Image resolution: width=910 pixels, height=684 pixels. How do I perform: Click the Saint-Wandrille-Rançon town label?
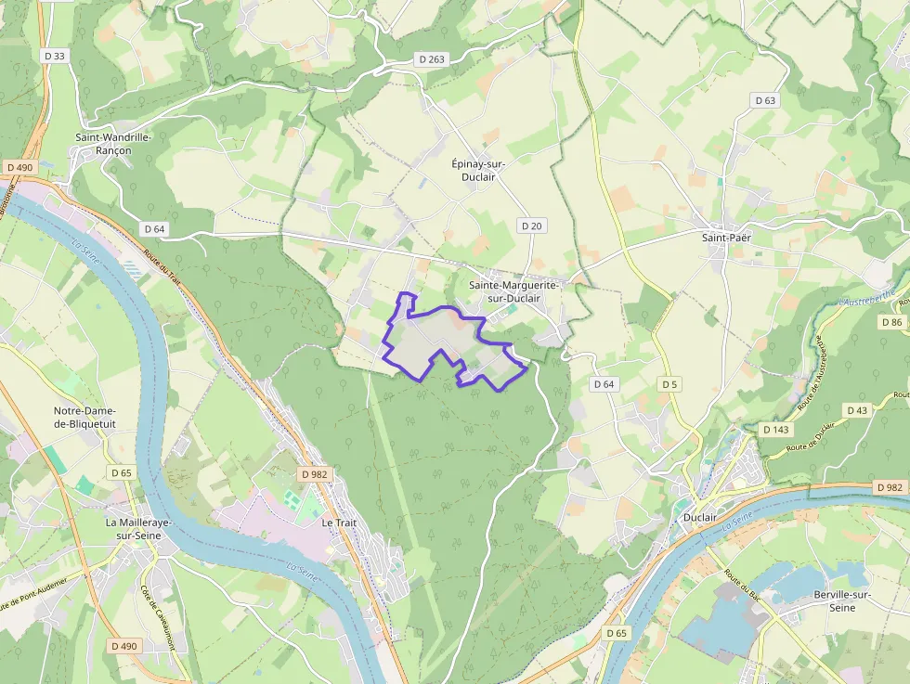(x=113, y=144)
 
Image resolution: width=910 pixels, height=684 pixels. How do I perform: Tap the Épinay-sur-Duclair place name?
(x=486, y=170)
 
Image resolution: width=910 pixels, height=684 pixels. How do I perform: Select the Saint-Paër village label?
(x=725, y=238)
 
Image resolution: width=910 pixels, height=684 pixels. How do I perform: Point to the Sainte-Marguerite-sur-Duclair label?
(x=513, y=292)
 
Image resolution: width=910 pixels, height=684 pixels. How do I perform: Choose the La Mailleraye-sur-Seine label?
(x=138, y=529)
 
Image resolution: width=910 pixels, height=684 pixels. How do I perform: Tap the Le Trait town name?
(x=339, y=523)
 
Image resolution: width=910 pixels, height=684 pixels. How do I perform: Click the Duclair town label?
(x=699, y=517)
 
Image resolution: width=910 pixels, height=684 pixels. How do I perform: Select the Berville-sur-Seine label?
(x=841, y=600)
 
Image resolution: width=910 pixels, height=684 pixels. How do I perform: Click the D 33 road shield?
(x=55, y=56)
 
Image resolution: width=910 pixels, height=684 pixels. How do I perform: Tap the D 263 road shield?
(x=432, y=58)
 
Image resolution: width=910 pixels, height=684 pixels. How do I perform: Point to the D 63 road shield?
(x=765, y=100)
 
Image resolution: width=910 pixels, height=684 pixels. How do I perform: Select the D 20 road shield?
(x=531, y=226)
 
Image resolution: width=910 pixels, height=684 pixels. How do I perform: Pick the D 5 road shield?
(x=669, y=383)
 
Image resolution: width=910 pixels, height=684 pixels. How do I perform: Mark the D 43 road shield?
(x=857, y=410)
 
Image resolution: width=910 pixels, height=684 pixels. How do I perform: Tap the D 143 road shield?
(x=775, y=430)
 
